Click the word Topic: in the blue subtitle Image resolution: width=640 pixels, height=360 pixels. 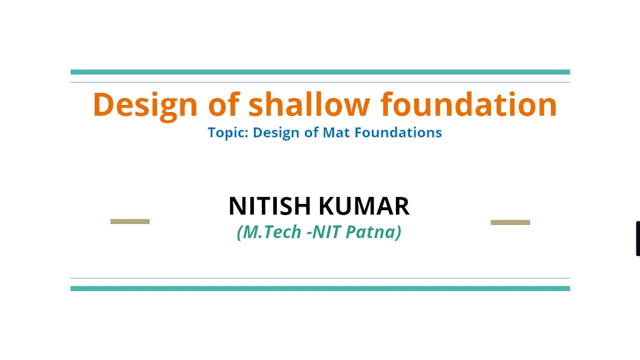(228, 133)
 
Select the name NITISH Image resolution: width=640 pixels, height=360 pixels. (269, 206)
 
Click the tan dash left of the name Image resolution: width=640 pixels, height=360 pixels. (130, 221)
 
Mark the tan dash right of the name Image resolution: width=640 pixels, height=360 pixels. (510, 222)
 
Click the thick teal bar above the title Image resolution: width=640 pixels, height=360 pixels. (320, 72)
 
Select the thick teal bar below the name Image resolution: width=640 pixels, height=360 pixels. (320, 288)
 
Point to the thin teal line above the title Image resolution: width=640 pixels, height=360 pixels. (320, 82)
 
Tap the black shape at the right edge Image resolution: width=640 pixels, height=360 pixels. (637, 238)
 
